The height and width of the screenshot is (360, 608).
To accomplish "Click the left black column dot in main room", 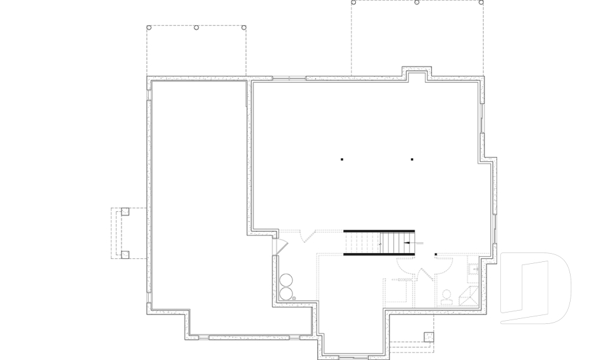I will click(x=341, y=159).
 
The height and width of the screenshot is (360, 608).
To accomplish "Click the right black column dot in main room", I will click(x=412, y=159).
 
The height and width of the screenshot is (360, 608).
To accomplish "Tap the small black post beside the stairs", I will click(x=436, y=255).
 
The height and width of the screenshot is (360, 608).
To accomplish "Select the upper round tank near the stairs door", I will click(x=286, y=280).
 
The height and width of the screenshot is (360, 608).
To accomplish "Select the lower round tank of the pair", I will click(x=286, y=293).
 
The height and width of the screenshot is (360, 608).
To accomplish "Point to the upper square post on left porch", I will click(x=125, y=211).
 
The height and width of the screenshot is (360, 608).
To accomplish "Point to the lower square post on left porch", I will click(x=125, y=254).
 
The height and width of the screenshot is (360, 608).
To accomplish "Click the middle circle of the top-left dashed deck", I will click(x=196, y=27).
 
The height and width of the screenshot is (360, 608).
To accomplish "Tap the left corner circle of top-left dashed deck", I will click(x=149, y=27).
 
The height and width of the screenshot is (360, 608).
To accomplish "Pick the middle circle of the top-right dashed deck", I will click(x=417, y=3).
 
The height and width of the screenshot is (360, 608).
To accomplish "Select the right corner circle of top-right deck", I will click(x=481, y=3).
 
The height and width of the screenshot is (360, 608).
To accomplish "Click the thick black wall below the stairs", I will click(x=379, y=254).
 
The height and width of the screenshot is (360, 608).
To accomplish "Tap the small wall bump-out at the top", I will click(x=416, y=72).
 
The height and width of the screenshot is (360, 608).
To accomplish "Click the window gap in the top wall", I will click(x=289, y=78).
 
